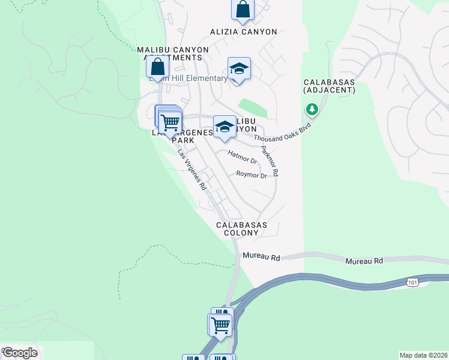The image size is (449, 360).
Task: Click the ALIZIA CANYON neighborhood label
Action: (243, 32)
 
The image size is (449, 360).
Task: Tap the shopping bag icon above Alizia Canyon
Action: (243, 9)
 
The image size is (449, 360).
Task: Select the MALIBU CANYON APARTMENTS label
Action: (173, 53)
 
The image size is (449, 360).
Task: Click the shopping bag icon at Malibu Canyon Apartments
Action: (157, 67)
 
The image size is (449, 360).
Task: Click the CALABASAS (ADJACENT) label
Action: (329, 86)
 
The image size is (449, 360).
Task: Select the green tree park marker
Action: (312, 109)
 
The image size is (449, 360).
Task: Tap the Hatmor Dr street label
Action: (243, 157)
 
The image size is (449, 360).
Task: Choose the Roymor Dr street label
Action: (252, 176)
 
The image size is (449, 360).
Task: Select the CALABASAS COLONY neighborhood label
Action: (241, 228)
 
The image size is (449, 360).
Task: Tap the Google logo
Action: (19, 353)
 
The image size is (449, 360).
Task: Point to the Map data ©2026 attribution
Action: (423, 355)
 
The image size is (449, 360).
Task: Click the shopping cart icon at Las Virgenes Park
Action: (170, 122)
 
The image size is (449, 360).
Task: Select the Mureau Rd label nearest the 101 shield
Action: (364, 261)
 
